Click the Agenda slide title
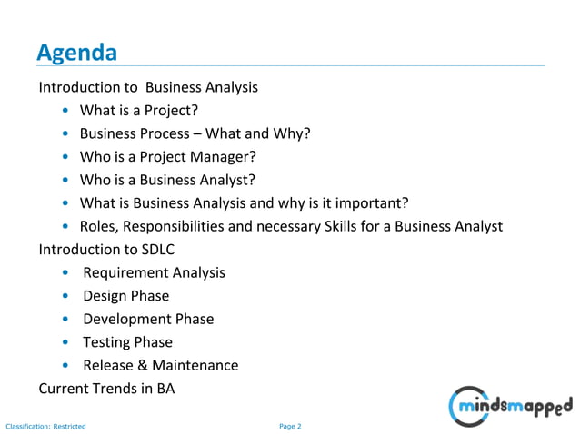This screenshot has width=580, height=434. point(76,53)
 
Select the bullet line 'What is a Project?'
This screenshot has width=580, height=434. point(138,112)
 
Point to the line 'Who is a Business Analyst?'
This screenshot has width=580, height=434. point(166,180)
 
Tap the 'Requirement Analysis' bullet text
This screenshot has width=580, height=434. point(154,272)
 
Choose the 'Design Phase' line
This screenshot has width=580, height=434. point(125,296)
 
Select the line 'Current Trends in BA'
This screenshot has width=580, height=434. point(106,389)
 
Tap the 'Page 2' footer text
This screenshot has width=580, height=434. point(290,425)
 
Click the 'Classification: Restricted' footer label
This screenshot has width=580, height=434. point(45,425)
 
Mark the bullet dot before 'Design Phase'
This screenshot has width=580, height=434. point(66,296)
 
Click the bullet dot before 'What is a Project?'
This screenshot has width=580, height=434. point(66,112)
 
